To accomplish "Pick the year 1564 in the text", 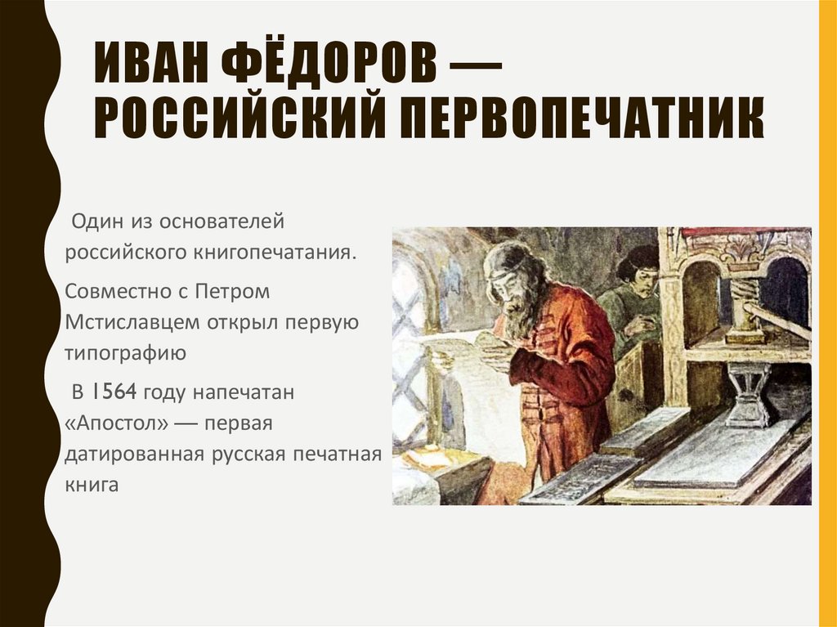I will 115,392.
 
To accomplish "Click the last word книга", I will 92,484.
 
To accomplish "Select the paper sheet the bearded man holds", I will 454,343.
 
